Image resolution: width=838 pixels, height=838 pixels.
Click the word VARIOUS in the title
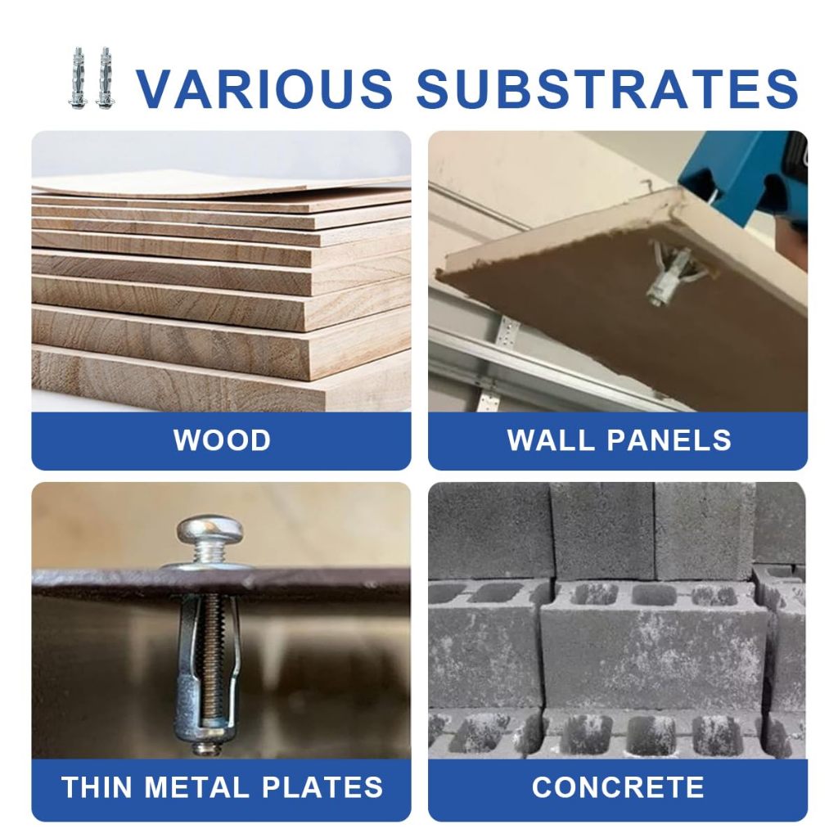[x=264, y=88]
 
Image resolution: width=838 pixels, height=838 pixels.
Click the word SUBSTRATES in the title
[x=608, y=88]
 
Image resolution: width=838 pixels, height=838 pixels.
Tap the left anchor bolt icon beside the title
[x=79, y=79]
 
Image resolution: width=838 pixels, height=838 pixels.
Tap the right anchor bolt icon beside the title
[x=105, y=79]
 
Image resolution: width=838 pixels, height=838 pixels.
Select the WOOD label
[x=222, y=440]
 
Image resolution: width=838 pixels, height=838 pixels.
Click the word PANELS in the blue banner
[x=669, y=440]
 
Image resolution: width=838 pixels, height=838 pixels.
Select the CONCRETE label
[x=618, y=787]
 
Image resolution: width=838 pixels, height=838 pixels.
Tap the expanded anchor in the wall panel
[x=675, y=273]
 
